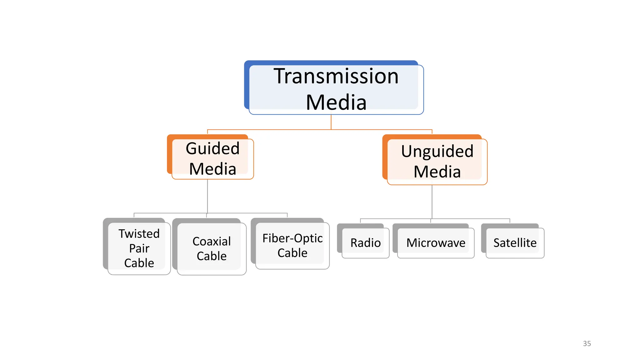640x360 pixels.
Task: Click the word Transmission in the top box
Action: coord(336,76)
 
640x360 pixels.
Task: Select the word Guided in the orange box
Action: coord(212,148)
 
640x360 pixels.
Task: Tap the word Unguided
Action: coord(437,151)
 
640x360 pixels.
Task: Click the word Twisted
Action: coord(139,234)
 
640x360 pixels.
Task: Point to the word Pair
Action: coord(139,248)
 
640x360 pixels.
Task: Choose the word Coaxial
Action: coord(212,241)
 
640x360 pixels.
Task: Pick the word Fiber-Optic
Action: coord(292,238)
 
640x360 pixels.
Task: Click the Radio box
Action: coord(365,243)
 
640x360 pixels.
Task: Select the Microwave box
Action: coord(436,243)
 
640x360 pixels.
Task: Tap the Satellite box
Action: coord(515,243)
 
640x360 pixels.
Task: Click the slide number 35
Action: coord(587,343)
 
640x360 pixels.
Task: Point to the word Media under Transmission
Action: coord(336,102)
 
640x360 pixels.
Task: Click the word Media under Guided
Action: coord(212,169)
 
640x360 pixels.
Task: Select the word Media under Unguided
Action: coord(437,172)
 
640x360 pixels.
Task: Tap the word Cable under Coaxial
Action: coord(212,256)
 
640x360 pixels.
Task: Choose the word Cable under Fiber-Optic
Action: coord(292,253)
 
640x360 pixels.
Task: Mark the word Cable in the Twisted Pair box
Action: coord(139,263)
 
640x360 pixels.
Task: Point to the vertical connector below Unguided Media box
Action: coord(432,202)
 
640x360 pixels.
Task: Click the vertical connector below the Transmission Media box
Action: coord(331,122)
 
